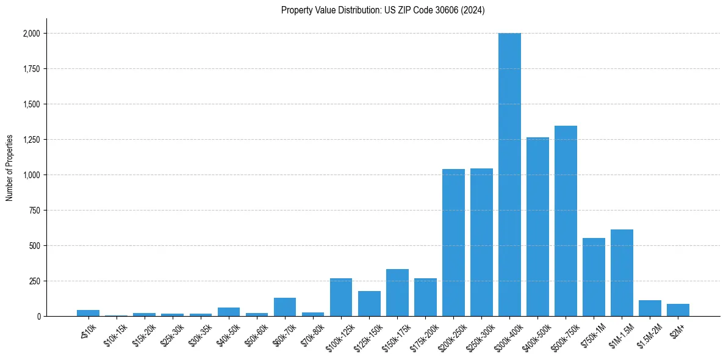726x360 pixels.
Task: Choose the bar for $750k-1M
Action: (x=594, y=277)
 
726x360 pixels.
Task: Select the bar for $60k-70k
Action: (x=285, y=307)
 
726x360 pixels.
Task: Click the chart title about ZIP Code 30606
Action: (x=383, y=10)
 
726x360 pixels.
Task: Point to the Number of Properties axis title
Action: (x=10, y=168)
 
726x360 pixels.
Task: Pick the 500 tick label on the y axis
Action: (x=35, y=246)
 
